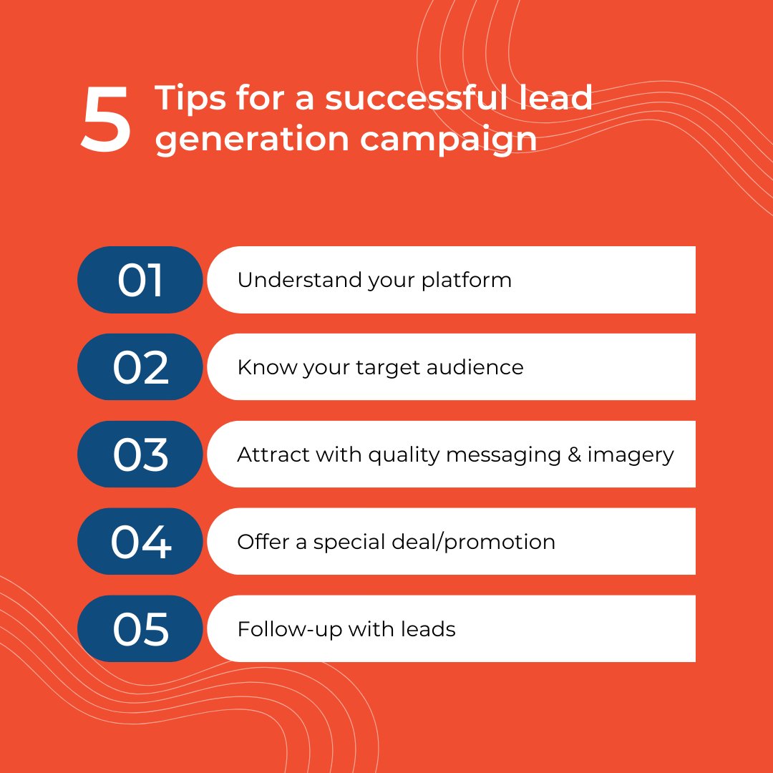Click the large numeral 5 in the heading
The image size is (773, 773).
pos(106,120)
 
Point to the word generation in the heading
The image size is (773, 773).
pos(251,139)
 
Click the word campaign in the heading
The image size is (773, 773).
pos(448,139)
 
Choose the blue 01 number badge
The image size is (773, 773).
pos(140,280)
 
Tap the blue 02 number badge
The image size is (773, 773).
pos(140,367)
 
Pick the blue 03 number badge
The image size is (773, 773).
pos(140,454)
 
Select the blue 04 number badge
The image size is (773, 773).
pos(140,542)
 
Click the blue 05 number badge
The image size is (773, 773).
pos(140,629)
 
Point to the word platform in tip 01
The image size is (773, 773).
pos(466,280)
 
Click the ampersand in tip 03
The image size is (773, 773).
pos(574,454)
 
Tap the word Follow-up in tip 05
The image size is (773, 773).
pos(290,630)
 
